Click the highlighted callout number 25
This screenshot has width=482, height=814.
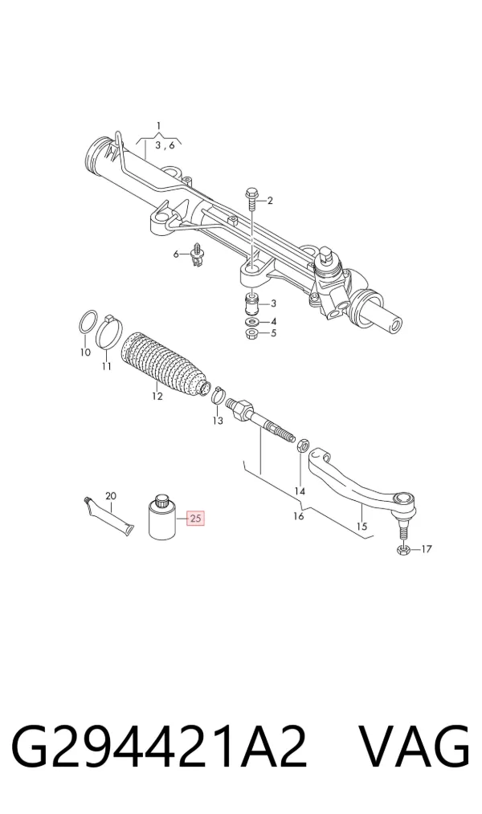pyautogui.click(x=196, y=518)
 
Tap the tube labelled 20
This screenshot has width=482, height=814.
pyautogui.click(x=108, y=518)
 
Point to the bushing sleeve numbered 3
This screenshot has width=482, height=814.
pyautogui.click(x=252, y=304)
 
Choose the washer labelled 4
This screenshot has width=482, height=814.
pyautogui.click(x=253, y=323)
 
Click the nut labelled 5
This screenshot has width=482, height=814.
pyautogui.click(x=252, y=333)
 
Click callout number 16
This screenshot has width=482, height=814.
pyautogui.click(x=299, y=515)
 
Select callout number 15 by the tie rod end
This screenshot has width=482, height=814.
pyautogui.click(x=361, y=526)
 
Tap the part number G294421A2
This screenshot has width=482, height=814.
pyautogui.click(x=159, y=747)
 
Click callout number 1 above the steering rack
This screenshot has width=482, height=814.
pyautogui.click(x=159, y=125)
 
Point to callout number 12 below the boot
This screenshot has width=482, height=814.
pyautogui.click(x=157, y=396)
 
